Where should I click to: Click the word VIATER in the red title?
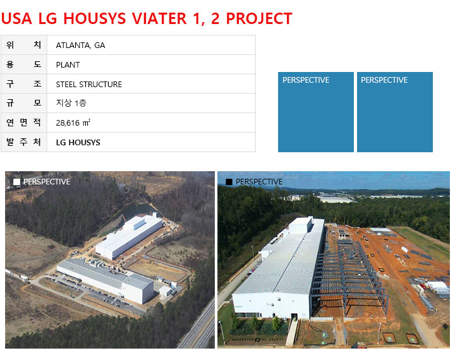[x=159, y=18]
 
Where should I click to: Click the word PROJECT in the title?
[x=259, y=18]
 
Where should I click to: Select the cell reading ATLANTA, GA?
[x=151, y=45]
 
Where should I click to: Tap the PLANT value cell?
[x=151, y=64]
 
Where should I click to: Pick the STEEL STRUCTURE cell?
[x=151, y=84]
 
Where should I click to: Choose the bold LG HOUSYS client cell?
[x=151, y=142]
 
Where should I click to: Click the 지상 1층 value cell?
[x=151, y=103]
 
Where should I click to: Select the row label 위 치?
[x=24, y=45]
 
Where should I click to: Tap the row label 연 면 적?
[x=24, y=123]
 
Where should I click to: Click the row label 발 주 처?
[x=24, y=142]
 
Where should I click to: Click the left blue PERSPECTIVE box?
[x=316, y=112]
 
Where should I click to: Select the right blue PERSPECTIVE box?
[x=394, y=112]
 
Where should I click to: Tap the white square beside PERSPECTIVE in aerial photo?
[x=17, y=182]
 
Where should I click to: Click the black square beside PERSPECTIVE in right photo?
[x=229, y=182]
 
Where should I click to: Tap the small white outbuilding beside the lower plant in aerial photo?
[x=166, y=291]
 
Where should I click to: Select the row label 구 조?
[x=24, y=84]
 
